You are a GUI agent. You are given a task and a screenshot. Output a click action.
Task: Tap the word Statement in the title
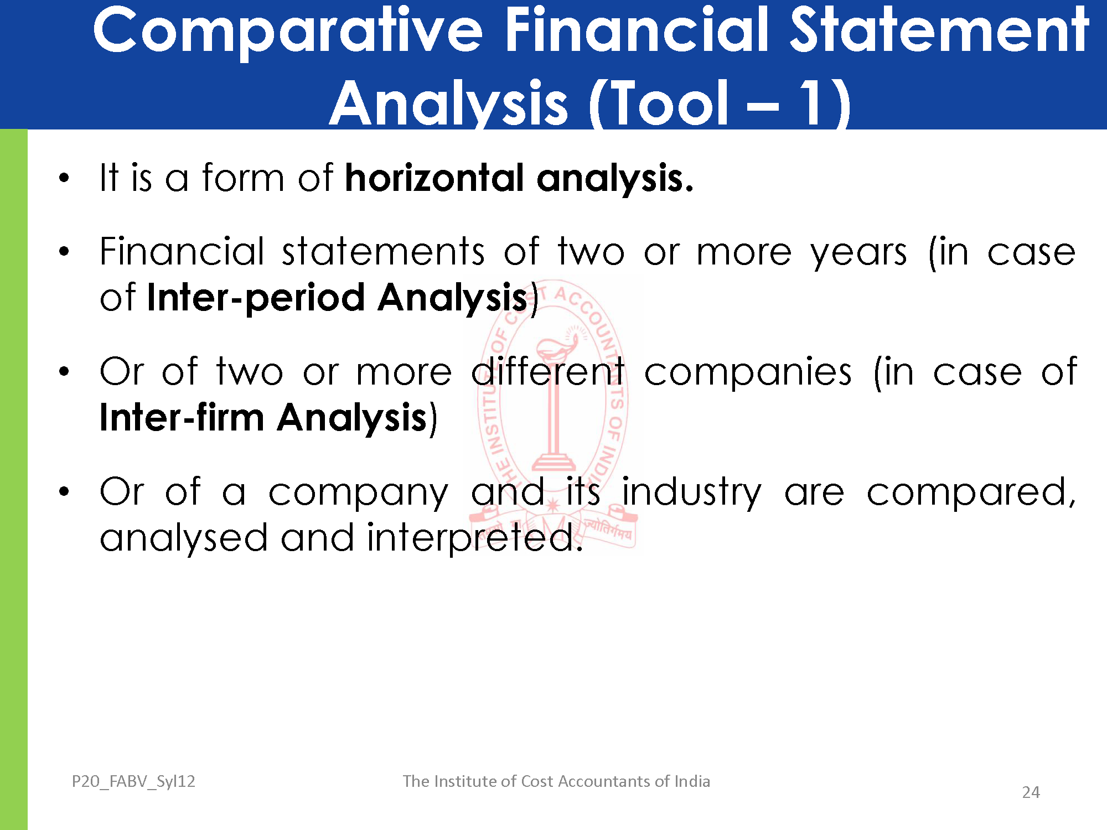click(x=939, y=30)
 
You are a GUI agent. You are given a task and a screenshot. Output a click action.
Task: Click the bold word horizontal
click(x=434, y=178)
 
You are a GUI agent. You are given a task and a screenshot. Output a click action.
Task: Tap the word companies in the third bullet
click(x=748, y=372)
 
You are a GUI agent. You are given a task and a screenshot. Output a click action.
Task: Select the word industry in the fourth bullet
click(x=691, y=492)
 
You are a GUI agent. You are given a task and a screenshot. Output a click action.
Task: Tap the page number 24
click(x=1031, y=792)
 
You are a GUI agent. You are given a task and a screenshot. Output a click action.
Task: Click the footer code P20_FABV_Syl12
click(x=133, y=781)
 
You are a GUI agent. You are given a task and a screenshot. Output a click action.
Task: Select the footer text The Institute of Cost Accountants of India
click(x=556, y=781)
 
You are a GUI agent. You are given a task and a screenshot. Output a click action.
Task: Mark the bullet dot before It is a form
click(x=64, y=178)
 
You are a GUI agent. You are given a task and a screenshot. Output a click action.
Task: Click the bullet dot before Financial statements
click(x=64, y=252)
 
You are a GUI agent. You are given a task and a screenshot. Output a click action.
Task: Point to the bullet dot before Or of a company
click(x=64, y=491)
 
